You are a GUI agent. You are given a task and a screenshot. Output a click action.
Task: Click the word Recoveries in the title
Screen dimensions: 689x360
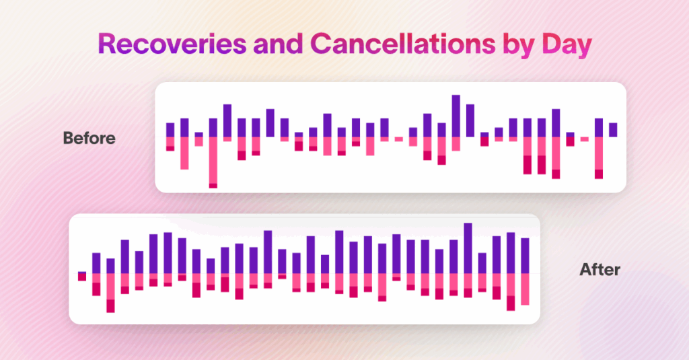(x=172, y=44)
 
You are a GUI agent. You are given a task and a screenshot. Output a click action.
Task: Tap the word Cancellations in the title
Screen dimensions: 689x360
(x=402, y=44)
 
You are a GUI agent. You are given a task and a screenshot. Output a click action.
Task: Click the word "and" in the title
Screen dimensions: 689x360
(x=278, y=44)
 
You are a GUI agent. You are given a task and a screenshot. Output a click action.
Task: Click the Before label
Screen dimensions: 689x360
(x=89, y=138)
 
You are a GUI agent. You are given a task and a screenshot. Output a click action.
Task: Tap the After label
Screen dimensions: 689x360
(x=600, y=269)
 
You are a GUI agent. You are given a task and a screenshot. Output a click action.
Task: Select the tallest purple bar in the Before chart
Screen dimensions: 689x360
(x=456, y=116)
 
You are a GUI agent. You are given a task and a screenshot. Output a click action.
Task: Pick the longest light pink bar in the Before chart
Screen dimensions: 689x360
(x=213, y=160)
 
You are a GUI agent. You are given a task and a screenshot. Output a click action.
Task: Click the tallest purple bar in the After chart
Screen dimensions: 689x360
(x=468, y=248)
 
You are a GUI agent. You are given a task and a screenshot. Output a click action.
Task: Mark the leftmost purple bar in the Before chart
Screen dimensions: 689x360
(x=170, y=130)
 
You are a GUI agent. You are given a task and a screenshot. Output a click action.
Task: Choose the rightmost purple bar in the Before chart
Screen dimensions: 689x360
(x=613, y=130)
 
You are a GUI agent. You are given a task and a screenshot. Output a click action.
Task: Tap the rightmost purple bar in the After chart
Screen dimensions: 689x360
(x=525, y=256)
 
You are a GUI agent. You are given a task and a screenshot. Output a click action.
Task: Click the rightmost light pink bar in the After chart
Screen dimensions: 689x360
(x=525, y=289)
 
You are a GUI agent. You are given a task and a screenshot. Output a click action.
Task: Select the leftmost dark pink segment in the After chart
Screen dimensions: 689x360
(x=82, y=277)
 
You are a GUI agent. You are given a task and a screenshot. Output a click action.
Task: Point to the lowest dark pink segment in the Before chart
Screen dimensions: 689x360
(x=213, y=186)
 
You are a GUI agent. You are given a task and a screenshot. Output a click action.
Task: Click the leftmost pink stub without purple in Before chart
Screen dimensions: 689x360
(x=399, y=139)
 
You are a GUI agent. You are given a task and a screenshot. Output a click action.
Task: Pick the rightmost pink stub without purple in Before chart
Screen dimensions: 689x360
(x=585, y=139)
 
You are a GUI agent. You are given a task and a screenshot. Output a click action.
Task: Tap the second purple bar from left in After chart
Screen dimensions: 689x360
(x=96, y=263)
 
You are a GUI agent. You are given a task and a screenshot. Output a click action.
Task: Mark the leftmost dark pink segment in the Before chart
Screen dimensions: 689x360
(x=170, y=149)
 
